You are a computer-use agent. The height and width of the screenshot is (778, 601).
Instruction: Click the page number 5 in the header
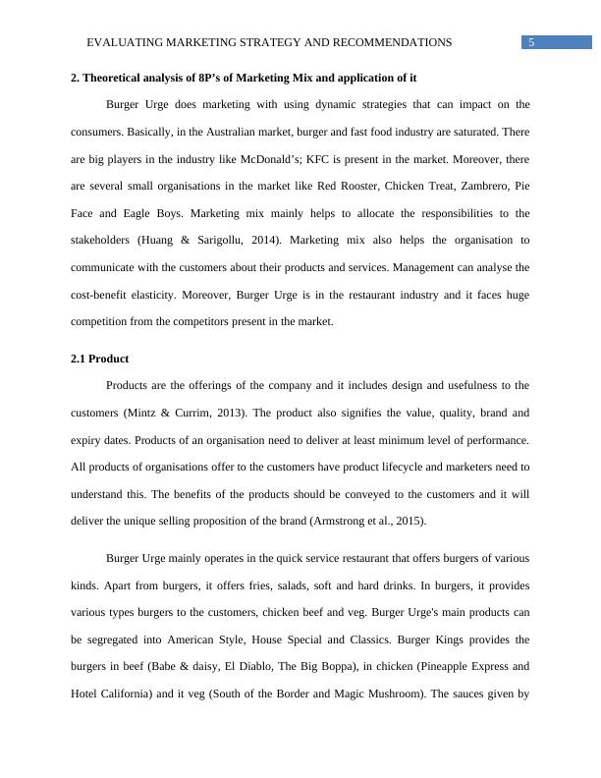(x=530, y=42)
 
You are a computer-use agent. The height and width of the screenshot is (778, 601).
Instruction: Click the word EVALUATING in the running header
(x=126, y=42)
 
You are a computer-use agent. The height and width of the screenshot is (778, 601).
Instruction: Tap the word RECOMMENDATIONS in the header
(x=395, y=42)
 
